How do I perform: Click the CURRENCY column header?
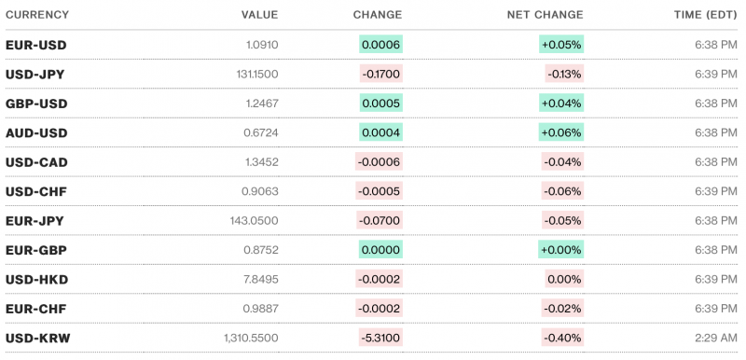[36, 15]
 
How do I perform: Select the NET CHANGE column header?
[545, 15]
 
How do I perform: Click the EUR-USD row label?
[35, 45]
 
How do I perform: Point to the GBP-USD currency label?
[36, 104]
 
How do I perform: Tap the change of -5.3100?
[380, 338]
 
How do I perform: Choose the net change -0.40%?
[562, 338]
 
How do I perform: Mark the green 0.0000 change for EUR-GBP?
[380, 250]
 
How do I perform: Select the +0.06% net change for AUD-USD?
[560, 133]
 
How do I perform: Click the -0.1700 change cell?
[380, 75]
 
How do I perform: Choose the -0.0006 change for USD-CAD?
[380, 162]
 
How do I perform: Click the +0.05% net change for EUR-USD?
[560, 45]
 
